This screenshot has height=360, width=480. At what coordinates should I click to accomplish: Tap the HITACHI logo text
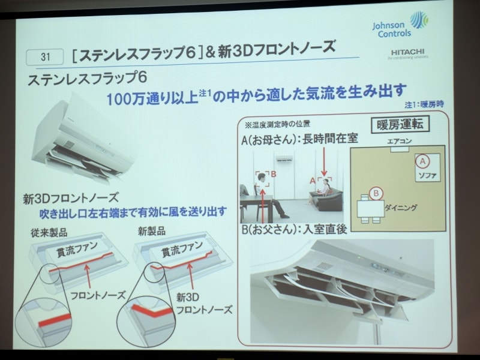click(x=408, y=53)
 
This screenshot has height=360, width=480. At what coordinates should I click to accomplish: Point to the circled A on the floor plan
click(x=422, y=161)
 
